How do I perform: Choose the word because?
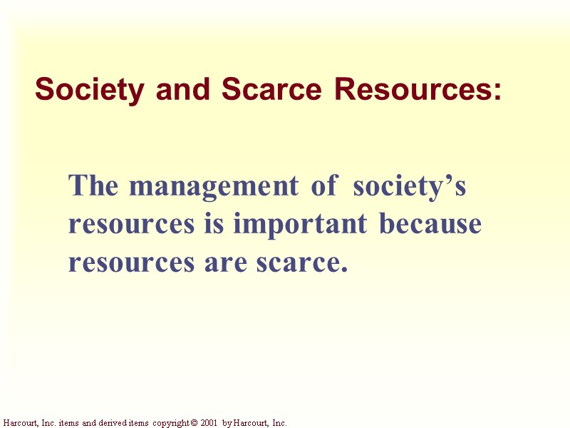coord(430,225)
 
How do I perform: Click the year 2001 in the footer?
coord(207,423)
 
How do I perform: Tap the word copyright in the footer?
coord(169,423)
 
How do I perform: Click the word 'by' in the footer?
coord(227,423)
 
